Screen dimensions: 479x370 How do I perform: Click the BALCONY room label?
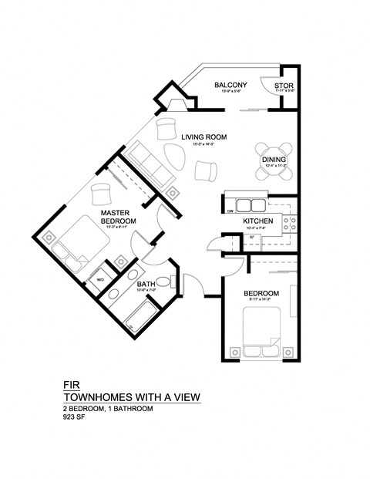coord(230,85)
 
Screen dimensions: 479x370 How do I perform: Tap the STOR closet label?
coord(283,85)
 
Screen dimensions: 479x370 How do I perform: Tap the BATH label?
coord(146,284)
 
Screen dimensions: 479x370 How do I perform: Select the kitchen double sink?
coord(251,205)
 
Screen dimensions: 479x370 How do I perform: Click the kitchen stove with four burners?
coord(291,224)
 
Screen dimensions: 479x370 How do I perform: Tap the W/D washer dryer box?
coord(100,280)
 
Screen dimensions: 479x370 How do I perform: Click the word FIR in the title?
coord(69,383)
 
